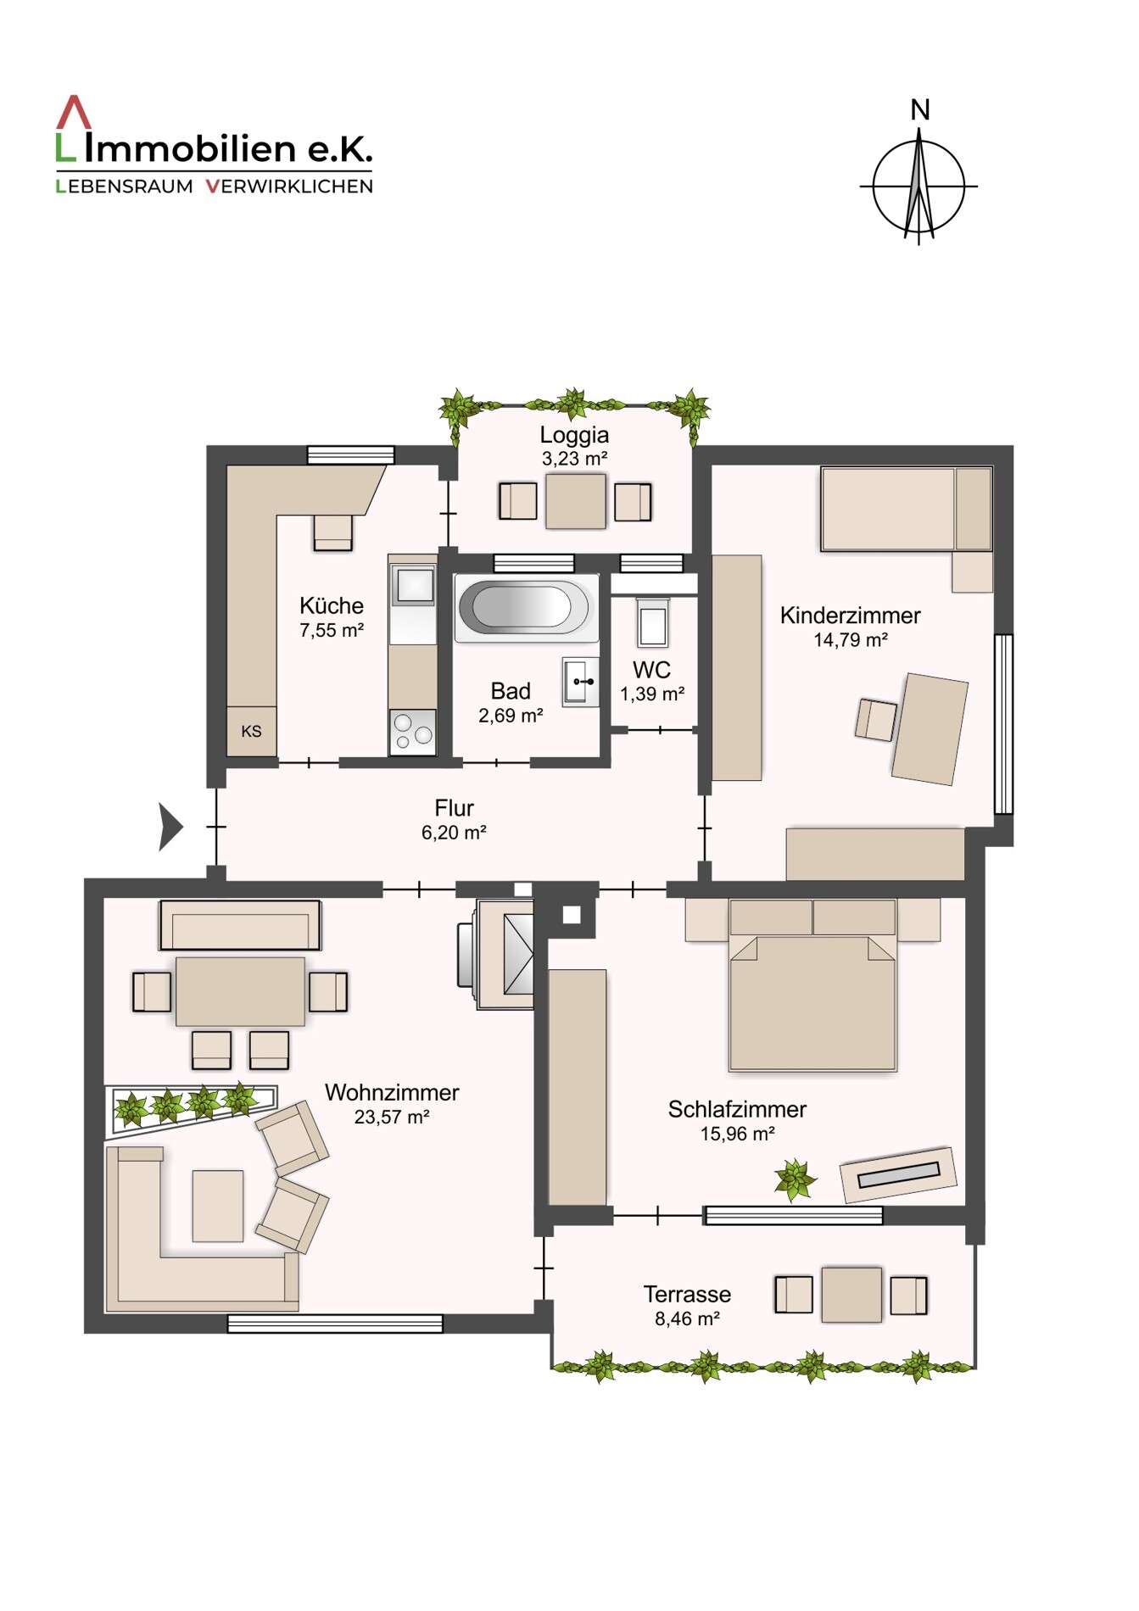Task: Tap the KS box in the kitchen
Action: tap(252, 731)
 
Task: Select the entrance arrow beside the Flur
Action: tap(170, 827)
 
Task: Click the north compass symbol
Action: tap(919, 186)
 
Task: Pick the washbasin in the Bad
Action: tap(581, 681)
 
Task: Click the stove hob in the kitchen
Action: tap(413, 731)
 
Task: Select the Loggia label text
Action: tap(574, 435)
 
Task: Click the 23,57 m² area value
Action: tap(392, 1117)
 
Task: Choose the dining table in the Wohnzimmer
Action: tap(240, 991)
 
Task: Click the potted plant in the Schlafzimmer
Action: tap(795, 1179)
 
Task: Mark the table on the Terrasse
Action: tap(851, 1295)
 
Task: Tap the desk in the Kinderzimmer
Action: tap(930, 728)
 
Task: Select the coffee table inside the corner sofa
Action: tap(218, 1206)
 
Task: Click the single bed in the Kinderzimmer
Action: tap(906, 510)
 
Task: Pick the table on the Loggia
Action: tap(576, 501)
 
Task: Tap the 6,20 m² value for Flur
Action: tap(454, 833)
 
